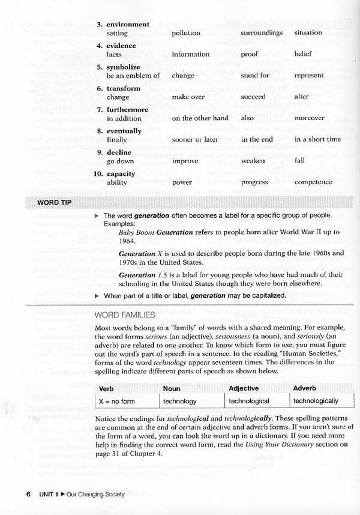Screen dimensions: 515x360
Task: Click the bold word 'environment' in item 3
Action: [x=128, y=24]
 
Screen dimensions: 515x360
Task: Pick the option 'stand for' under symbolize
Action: [x=256, y=76]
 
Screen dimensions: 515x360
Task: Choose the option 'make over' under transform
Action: [x=188, y=97]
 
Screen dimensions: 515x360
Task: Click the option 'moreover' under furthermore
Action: [x=310, y=118]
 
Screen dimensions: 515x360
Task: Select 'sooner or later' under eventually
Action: [x=195, y=139]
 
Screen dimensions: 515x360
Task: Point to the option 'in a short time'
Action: [x=317, y=139]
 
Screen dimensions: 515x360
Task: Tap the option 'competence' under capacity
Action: [x=313, y=182]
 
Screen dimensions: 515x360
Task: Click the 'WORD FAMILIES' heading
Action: [x=125, y=315]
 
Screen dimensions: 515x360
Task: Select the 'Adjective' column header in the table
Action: [x=244, y=388]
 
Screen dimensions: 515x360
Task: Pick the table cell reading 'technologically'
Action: [x=316, y=401]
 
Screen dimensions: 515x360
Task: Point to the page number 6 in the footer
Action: [x=28, y=494]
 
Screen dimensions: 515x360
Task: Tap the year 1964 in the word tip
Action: [x=127, y=241]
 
